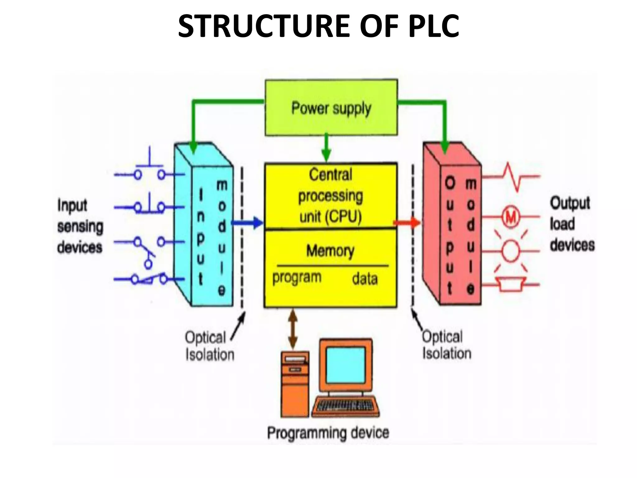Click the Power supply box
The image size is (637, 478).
pos(331,108)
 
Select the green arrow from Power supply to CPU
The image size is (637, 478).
pos(326,148)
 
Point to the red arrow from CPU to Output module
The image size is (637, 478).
pos(407,222)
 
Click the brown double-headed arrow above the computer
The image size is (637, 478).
pos(292,329)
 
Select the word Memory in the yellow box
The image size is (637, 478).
pos(330,251)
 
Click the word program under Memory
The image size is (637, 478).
pos(297,277)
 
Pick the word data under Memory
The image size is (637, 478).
pos(365,279)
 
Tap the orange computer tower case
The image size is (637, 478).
pos(295,384)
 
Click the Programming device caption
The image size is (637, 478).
pos(328,433)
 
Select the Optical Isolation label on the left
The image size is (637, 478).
pos(209,346)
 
